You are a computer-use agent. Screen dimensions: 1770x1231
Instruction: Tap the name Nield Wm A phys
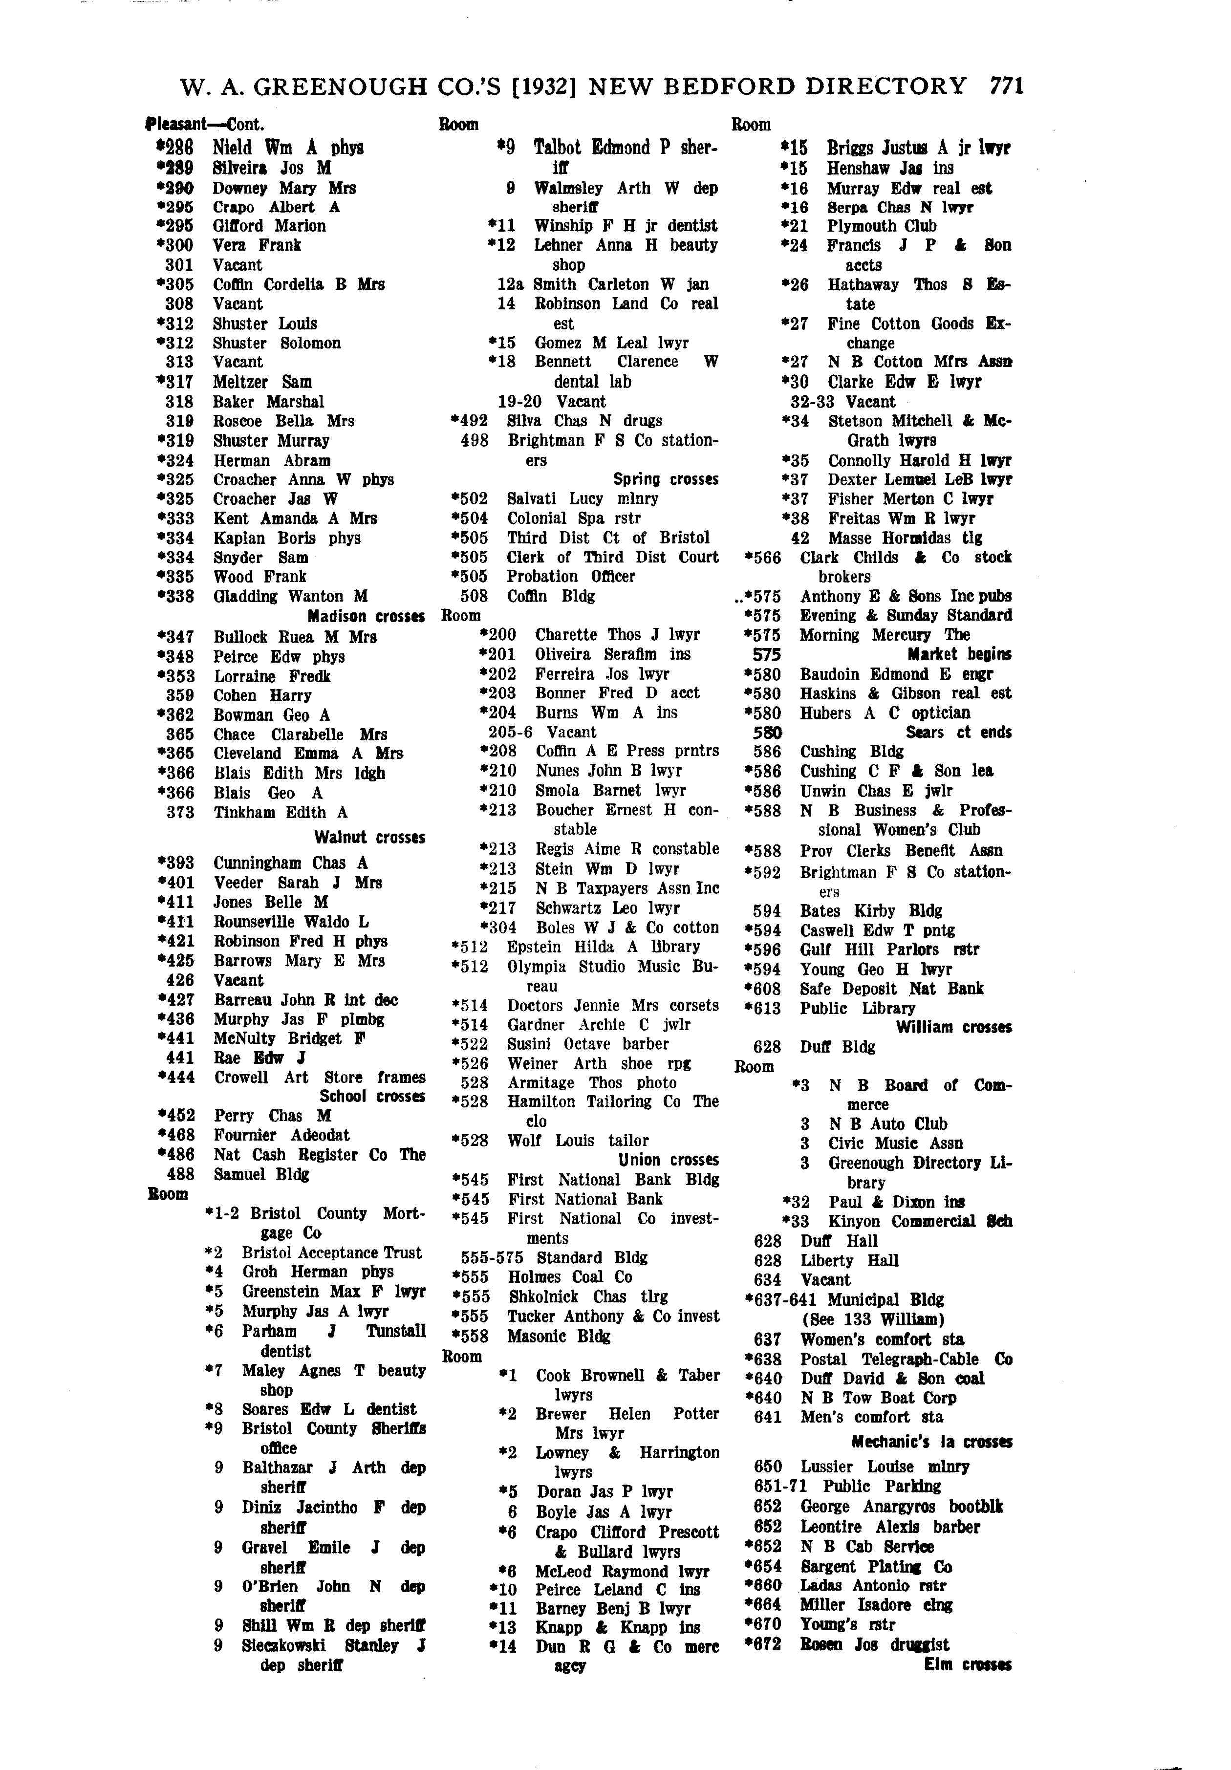[287, 147]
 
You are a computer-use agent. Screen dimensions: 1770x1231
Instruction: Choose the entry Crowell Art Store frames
[319, 1077]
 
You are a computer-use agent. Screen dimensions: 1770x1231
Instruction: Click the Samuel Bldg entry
[261, 1174]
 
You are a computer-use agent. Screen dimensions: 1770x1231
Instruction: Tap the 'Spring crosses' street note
[665, 479]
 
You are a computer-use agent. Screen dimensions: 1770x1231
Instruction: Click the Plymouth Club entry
[881, 226]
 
